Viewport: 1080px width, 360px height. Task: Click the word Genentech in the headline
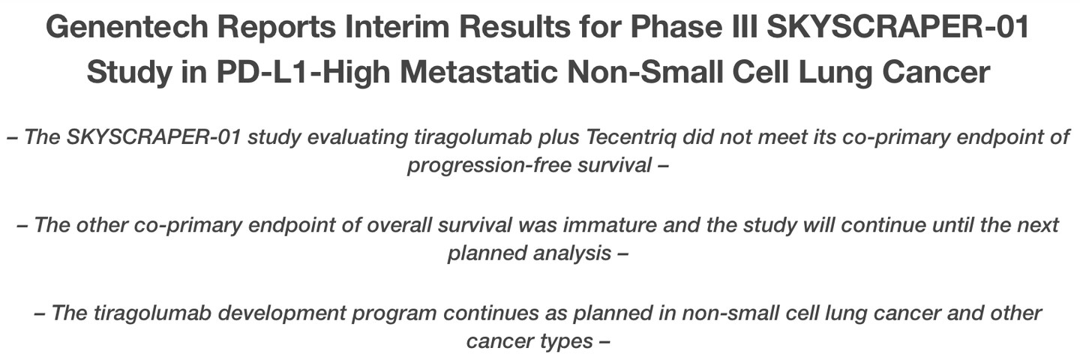tap(127, 26)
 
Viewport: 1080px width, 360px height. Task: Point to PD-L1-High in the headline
tap(303, 72)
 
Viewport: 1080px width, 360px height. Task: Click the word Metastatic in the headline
tap(478, 72)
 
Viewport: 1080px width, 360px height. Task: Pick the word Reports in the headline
tap(276, 28)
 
